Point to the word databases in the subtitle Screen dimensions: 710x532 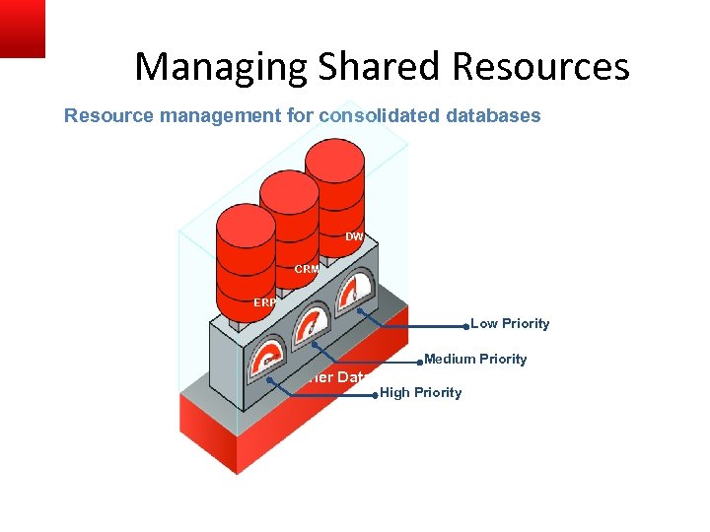point(493,115)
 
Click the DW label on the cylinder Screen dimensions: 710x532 point(354,236)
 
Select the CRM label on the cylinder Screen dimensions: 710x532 point(307,269)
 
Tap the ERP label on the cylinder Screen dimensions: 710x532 point(264,302)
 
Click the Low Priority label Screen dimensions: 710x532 point(510,324)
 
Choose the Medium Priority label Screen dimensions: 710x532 point(475,360)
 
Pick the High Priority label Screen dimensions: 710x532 point(420,393)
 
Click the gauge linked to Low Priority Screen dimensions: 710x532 point(354,292)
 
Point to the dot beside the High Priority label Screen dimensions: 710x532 point(375,395)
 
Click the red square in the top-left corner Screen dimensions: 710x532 point(22,28)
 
